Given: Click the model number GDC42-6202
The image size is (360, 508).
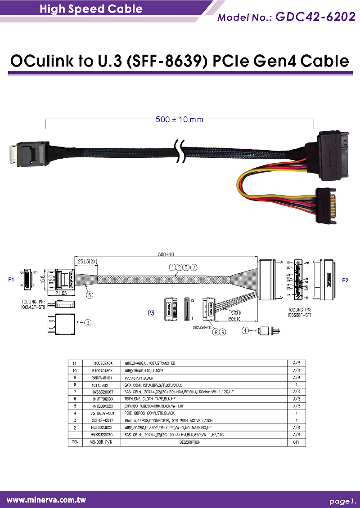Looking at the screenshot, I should pos(315,17).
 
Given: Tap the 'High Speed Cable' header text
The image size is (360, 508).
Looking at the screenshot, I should pos(91,9).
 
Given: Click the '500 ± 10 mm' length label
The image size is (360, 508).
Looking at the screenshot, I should pos(180,120).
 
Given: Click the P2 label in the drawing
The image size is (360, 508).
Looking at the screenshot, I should pos(345,280).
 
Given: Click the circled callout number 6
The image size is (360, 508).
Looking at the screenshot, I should pos(90,295).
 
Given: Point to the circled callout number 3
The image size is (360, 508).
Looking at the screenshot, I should pos(88,322).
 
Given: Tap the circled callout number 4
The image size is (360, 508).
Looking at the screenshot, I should pos(245,330).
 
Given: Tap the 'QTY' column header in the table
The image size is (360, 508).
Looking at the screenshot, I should pos(296,442).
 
